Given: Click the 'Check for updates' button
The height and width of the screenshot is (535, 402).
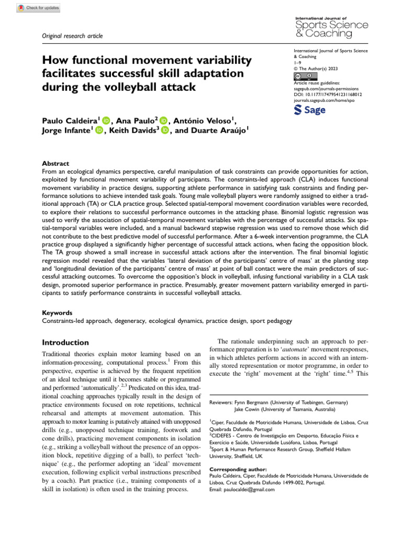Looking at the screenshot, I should pos(38,8).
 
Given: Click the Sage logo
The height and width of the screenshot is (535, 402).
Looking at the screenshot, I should pos(310,110).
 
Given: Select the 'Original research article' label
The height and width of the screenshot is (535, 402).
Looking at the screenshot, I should pos(72,36).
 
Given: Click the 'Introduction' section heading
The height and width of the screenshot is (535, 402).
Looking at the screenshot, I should pos(65,343).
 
